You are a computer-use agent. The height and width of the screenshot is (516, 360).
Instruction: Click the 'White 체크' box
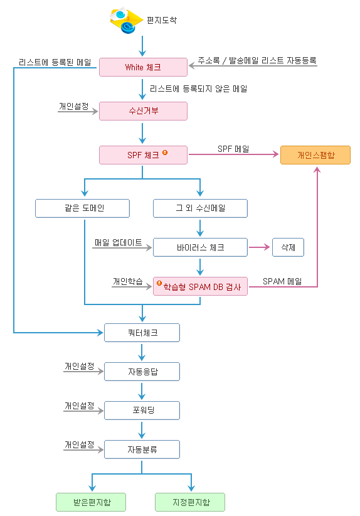pos(144,67)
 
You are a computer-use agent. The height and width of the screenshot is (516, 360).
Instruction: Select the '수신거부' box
pos(144,111)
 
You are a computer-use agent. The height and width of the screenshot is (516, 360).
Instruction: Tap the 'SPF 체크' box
pos(144,155)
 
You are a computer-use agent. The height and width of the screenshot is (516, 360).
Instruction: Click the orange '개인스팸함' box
pos(315,155)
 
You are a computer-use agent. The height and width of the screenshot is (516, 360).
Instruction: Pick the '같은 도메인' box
pos(83,208)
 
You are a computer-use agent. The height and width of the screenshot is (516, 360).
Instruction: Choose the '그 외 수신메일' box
pos(200,208)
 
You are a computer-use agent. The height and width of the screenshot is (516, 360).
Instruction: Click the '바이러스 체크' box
pos(200,247)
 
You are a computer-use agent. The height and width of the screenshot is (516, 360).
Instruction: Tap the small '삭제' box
pos(288,247)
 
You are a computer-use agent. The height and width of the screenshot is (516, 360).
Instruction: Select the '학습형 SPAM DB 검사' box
pos(200,286)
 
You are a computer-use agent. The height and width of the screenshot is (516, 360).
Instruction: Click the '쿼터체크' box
pos(142,333)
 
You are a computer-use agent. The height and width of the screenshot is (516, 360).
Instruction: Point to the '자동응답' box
pos(142,372)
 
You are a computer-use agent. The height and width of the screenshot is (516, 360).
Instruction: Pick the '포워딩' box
pos(142,411)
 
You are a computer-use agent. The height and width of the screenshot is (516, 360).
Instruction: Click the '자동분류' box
pos(142,449)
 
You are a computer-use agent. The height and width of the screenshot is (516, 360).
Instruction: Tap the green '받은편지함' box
pos(91,502)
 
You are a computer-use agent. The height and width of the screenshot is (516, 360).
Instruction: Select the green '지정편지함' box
pos(190,502)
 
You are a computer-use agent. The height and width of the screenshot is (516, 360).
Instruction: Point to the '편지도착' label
pos(162,21)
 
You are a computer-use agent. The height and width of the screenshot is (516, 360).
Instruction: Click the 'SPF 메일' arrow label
pos(233,149)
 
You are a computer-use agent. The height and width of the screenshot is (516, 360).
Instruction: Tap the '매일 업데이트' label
pos(119,242)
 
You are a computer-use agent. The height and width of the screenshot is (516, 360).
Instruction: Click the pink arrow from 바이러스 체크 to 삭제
pos(259,247)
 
